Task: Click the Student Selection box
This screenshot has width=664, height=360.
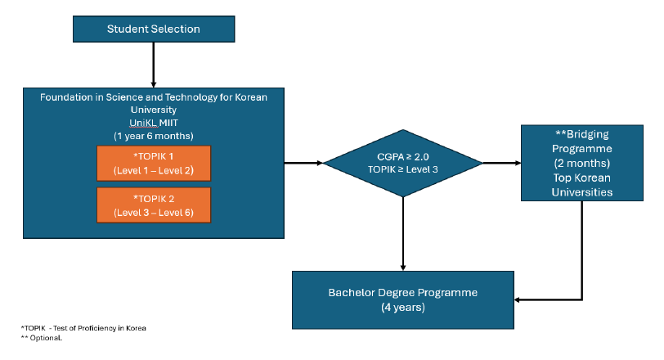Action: click(154, 29)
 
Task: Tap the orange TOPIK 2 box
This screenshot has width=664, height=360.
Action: click(154, 205)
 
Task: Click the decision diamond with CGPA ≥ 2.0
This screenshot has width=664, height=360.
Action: click(403, 163)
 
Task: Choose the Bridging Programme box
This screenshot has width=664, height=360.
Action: click(582, 163)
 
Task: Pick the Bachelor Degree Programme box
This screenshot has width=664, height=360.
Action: click(403, 299)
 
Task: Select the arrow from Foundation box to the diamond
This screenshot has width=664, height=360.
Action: click(303, 163)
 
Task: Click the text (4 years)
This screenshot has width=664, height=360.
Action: click(403, 308)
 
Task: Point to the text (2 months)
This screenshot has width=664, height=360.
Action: click(582, 163)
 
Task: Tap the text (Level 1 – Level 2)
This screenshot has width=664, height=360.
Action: click(154, 172)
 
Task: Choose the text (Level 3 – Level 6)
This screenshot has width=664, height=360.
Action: click(154, 213)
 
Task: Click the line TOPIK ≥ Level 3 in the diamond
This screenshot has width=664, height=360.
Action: click(403, 170)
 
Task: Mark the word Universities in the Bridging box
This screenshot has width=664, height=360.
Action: click(582, 192)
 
